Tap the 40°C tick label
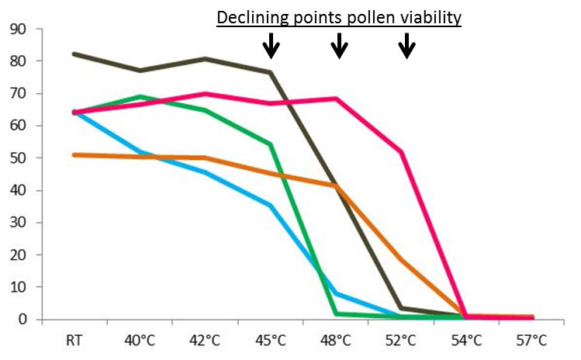[140, 341]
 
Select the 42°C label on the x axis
[205, 341]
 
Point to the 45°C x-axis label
[271, 341]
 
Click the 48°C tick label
[336, 341]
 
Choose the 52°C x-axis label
[402, 341]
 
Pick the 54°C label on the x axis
[467, 341]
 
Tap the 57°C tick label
[533, 341]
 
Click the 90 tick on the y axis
[17, 29]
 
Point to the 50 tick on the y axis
[17, 158]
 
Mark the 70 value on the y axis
[17, 94]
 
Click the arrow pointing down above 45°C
[271, 46]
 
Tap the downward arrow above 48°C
[339, 46]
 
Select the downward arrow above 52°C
[406, 46]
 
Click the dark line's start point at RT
[74, 54]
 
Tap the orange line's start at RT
[74, 155]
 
